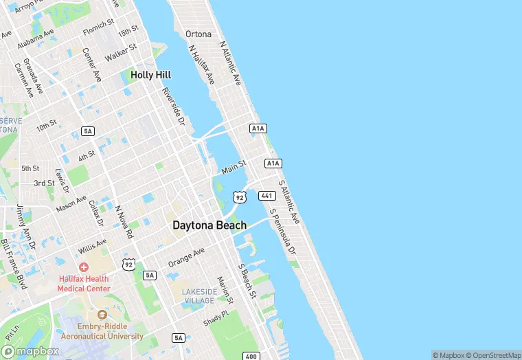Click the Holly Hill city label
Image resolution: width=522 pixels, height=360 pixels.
[150, 75]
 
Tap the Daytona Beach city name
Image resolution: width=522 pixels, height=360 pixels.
[209, 225]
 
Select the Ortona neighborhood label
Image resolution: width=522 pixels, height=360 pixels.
[198, 34]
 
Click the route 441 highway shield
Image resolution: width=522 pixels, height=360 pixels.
[267, 196]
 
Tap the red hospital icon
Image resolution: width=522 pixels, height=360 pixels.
[84, 267]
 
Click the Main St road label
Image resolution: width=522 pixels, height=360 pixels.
[234, 167]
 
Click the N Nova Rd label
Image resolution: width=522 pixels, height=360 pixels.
[124, 221]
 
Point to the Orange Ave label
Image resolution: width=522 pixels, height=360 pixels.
[187, 257]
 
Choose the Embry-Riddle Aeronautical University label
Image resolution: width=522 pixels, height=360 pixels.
[102, 331]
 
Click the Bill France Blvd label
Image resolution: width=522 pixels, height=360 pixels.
[13, 263]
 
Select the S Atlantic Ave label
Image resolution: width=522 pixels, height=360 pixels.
[289, 202]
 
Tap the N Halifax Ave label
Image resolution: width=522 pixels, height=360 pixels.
[201, 66]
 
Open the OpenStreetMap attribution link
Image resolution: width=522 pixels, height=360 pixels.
[493, 355]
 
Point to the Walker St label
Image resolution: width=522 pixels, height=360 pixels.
[121, 52]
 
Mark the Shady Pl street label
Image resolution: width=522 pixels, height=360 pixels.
[215, 317]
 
